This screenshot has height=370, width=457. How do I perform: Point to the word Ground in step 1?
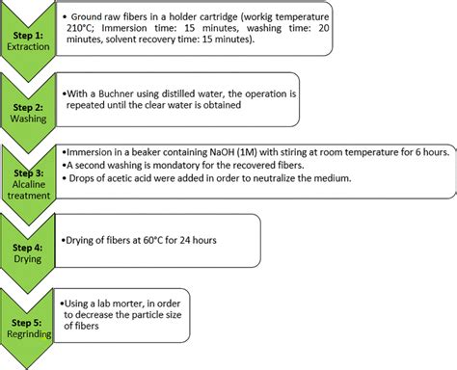(x=90, y=15)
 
